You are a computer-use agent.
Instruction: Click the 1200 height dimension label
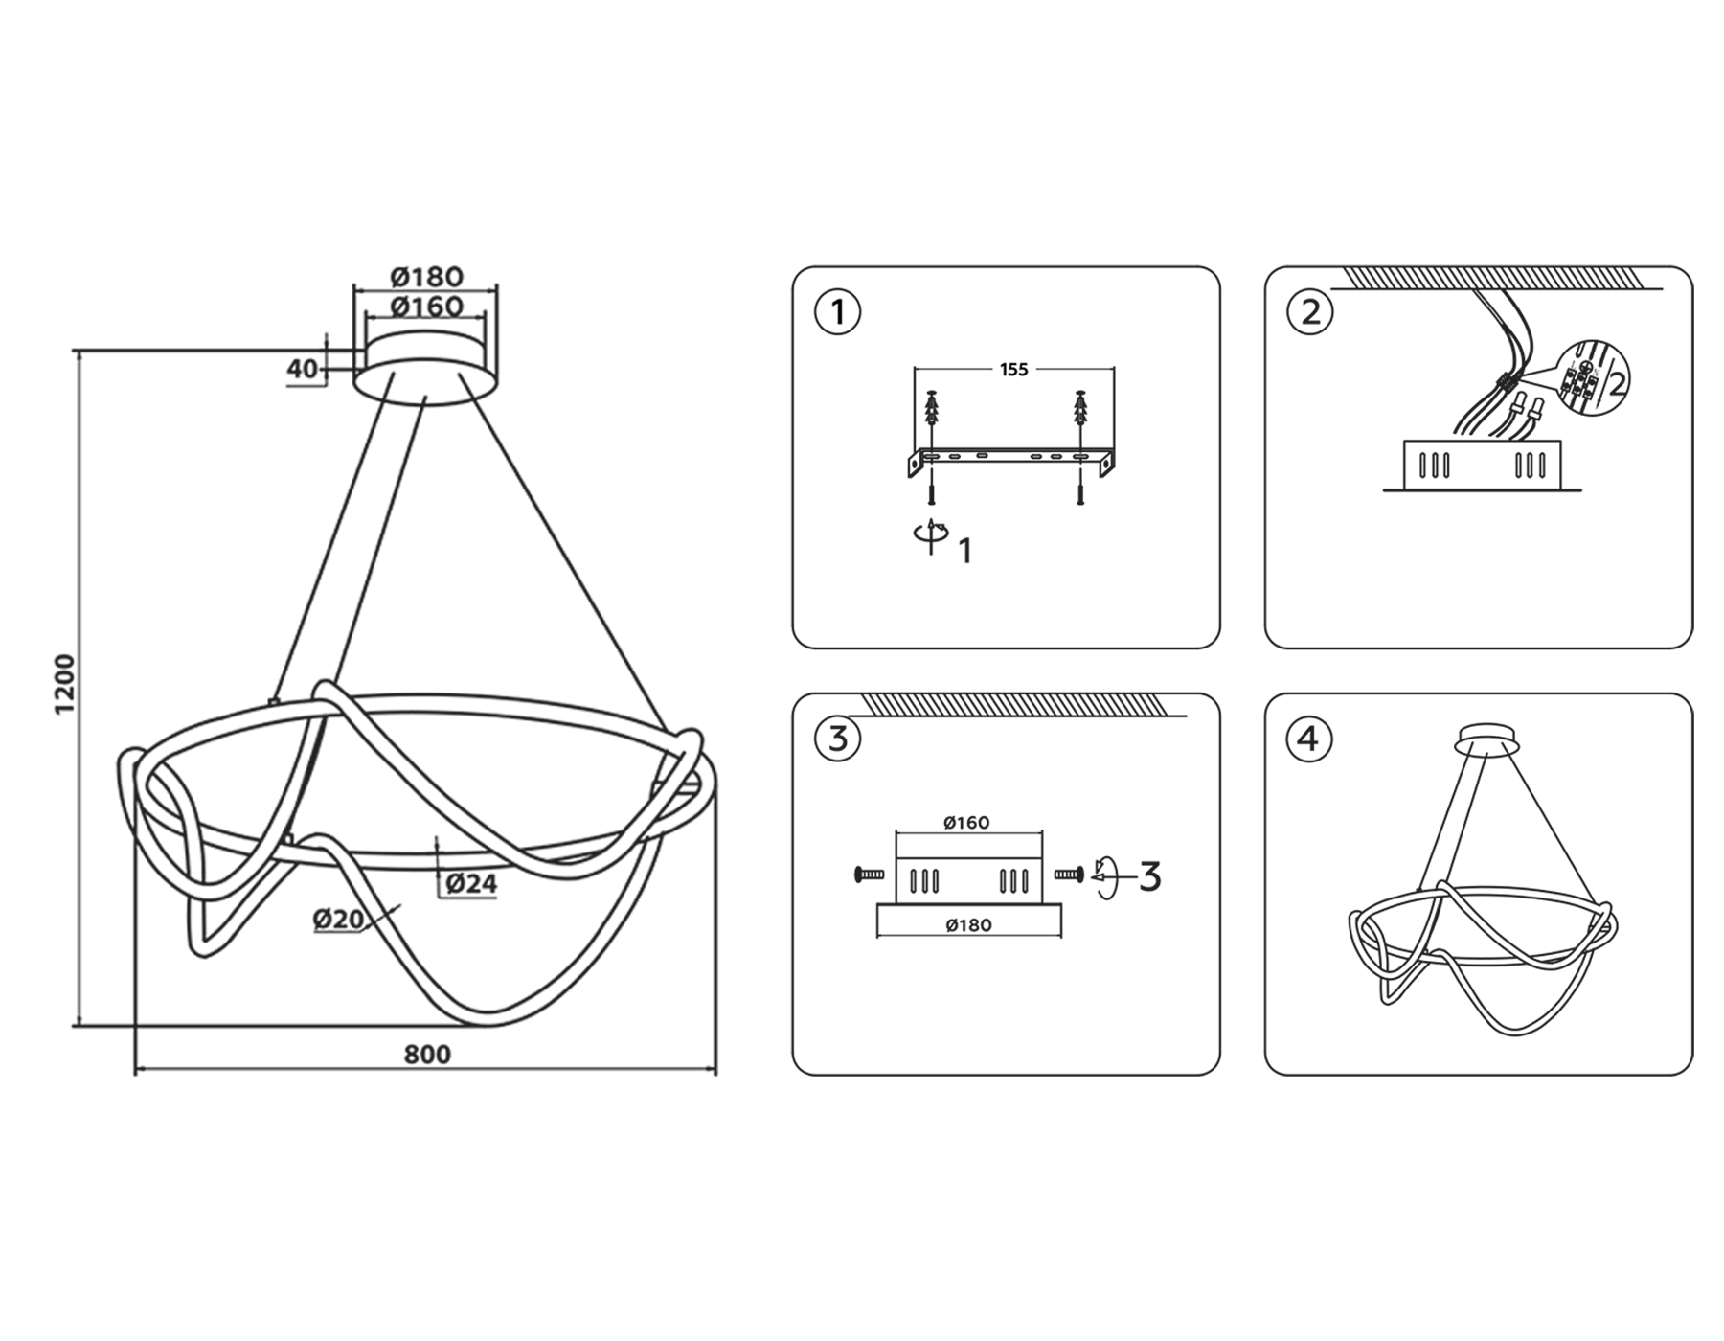(x=64, y=684)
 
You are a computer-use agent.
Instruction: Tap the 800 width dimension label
(x=427, y=1055)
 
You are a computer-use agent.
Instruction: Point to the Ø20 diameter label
(x=338, y=920)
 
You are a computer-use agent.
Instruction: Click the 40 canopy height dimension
(x=302, y=369)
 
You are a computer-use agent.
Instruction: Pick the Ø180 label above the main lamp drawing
(x=427, y=277)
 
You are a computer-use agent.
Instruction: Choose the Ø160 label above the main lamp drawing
(x=427, y=307)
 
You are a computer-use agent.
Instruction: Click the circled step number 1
(x=838, y=312)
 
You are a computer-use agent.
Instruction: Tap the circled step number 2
(x=1310, y=312)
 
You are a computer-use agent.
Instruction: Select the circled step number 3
(x=838, y=739)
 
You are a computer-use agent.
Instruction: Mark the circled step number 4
(x=1310, y=739)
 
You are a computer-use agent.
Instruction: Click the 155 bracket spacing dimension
(x=1013, y=370)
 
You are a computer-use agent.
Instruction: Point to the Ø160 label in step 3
(x=966, y=823)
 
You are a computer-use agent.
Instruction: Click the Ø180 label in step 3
(x=968, y=925)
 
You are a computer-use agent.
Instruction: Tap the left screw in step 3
(x=869, y=874)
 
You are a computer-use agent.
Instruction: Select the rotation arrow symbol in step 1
(x=930, y=536)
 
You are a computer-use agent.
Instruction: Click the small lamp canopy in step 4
(x=1486, y=740)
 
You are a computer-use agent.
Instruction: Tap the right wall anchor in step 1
(x=1080, y=410)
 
